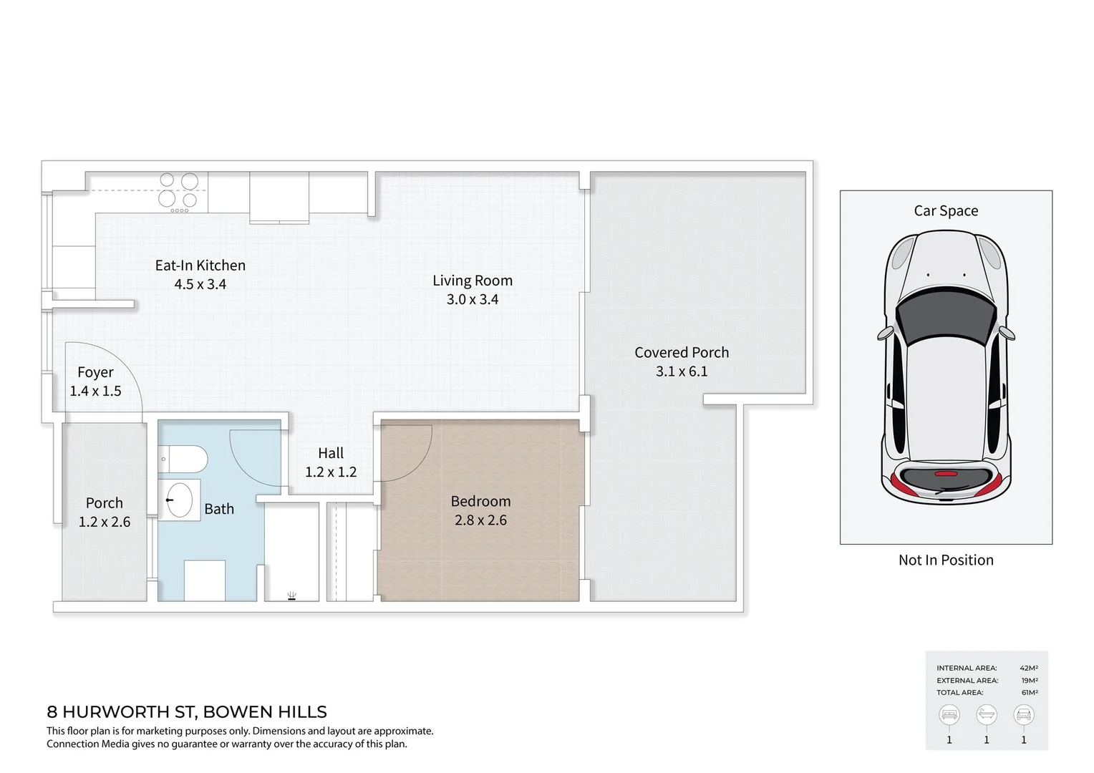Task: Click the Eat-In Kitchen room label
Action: click(x=200, y=266)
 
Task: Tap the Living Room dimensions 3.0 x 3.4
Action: click(x=473, y=300)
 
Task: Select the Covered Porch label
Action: click(x=682, y=353)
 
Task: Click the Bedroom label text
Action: click(x=480, y=502)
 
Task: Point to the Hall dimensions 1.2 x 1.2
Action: click(x=331, y=472)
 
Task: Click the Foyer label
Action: click(x=95, y=372)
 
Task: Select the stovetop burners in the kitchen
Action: click(x=178, y=191)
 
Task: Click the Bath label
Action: click(x=219, y=509)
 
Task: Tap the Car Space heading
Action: click(x=946, y=211)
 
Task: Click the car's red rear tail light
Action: click(x=946, y=474)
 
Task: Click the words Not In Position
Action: click(x=946, y=560)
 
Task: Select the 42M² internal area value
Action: click(x=1029, y=669)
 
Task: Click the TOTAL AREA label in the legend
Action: click(x=959, y=693)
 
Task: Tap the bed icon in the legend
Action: click(x=949, y=714)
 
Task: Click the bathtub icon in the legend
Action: click(x=987, y=714)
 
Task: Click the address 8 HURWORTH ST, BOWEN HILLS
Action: click(x=187, y=712)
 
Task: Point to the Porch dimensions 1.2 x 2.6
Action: click(x=105, y=522)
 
